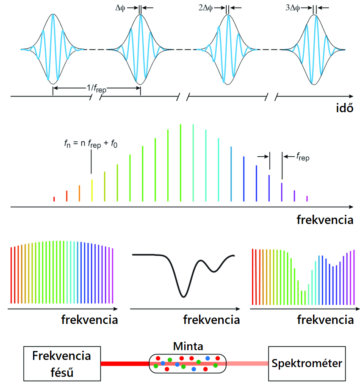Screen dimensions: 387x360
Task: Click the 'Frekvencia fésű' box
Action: click(61, 363)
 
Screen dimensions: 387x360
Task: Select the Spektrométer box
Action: click(307, 363)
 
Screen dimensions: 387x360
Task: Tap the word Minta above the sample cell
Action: click(188, 346)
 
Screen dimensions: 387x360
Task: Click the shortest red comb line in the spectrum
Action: click(54, 199)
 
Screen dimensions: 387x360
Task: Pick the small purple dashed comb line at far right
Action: click(307, 198)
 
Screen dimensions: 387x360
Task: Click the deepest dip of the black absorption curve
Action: click(183, 296)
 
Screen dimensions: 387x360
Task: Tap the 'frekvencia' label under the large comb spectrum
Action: click(325, 220)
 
